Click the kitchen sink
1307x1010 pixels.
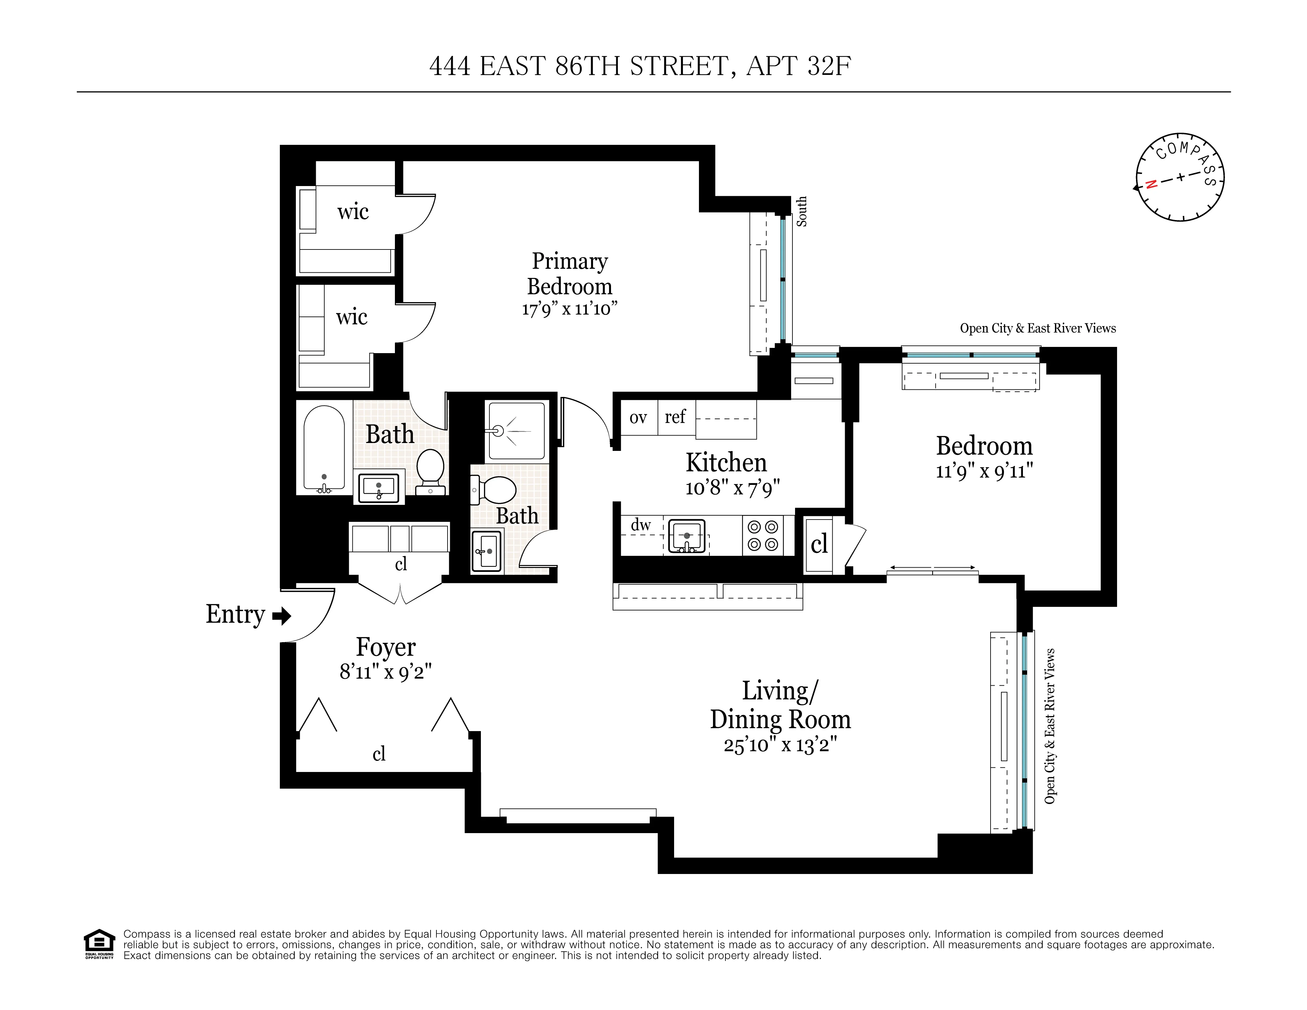click(x=687, y=536)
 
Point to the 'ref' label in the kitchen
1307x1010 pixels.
click(x=675, y=417)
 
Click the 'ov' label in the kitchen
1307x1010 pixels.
click(x=638, y=417)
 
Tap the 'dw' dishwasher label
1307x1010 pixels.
click(x=640, y=525)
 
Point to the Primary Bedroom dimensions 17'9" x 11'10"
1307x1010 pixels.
click(x=569, y=309)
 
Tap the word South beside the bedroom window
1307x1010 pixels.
click(x=801, y=211)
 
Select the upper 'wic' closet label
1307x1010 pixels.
click(x=352, y=211)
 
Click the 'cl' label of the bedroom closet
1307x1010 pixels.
click(x=819, y=544)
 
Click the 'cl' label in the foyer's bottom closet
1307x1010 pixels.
click(x=379, y=754)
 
